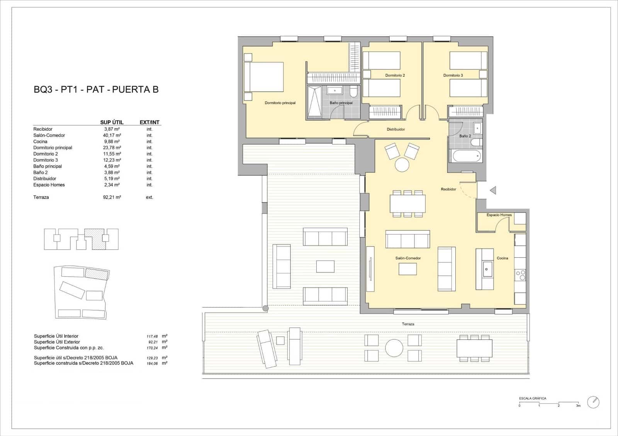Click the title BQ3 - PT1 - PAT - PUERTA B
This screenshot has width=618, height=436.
tap(96, 90)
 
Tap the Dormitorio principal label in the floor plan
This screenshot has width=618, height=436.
tap(280, 103)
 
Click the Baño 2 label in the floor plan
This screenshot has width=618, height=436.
tap(465, 136)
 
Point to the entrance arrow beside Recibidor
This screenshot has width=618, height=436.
tap(492, 190)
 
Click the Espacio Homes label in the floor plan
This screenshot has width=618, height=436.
tap(499, 215)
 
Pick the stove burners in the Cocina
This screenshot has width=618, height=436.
tap(520, 275)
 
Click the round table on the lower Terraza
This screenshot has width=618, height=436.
tap(394, 348)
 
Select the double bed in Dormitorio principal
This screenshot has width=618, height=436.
tap(264, 77)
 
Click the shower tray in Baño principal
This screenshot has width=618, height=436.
tap(314, 101)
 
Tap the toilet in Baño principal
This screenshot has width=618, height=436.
tap(353, 92)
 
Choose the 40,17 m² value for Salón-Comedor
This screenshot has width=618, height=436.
tap(112, 135)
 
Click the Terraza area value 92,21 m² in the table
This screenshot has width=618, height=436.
tap(112, 197)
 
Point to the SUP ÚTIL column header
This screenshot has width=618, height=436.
tap(112, 122)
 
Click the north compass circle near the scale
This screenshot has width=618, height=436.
tap(593, 402)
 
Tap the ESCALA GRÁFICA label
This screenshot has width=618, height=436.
tap(533, 398)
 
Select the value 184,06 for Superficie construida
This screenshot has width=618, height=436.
tap(152, 363)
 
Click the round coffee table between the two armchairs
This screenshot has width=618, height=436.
tap(402, 165)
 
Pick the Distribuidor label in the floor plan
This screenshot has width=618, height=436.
tap(396, 129)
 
